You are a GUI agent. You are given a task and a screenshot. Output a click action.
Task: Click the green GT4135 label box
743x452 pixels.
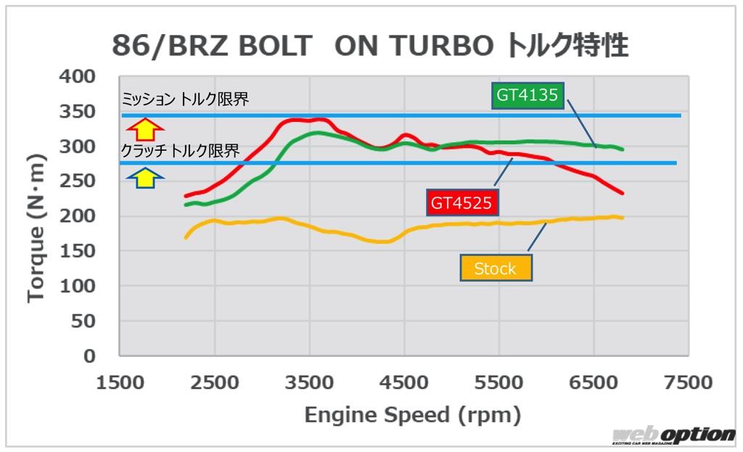529,94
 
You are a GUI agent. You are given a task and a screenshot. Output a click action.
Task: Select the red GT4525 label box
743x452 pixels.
461,203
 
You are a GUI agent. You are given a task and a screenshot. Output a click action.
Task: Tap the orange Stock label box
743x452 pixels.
496,268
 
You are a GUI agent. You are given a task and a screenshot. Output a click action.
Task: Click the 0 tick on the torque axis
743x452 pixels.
89,356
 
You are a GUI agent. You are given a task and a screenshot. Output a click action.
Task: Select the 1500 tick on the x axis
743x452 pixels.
120,382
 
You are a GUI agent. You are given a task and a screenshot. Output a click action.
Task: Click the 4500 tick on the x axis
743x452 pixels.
404,382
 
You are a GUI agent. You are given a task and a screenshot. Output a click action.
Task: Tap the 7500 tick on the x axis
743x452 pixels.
687,382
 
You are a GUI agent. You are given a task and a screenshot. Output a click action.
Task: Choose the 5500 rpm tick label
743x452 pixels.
498,382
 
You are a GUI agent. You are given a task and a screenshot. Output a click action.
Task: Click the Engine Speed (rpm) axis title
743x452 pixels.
412,415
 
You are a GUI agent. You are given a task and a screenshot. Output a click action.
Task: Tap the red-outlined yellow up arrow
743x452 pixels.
146,129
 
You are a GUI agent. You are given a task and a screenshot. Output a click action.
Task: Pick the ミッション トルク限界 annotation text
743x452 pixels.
185,99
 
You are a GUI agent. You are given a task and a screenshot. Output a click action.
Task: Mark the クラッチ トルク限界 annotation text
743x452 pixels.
180,152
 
